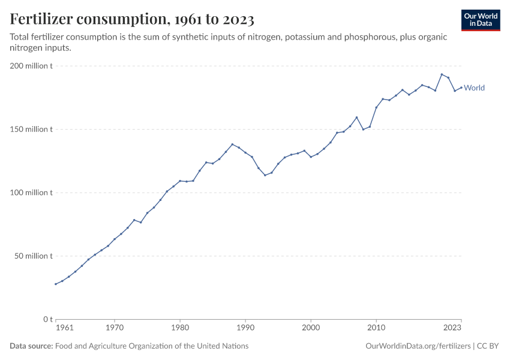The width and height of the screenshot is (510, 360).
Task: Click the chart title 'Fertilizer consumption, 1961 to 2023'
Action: (132, 20)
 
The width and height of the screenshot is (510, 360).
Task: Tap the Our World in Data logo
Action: (480, 20)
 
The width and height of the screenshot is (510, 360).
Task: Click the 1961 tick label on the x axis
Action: (64, 328)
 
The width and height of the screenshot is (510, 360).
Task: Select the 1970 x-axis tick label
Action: (115, 328)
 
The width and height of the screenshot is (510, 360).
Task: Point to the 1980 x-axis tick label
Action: (180, 328)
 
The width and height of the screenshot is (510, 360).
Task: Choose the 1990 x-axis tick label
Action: (245, 328)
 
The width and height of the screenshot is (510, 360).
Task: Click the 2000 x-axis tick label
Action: (311, 328)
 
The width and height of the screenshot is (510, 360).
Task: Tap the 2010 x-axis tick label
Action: (376, 328)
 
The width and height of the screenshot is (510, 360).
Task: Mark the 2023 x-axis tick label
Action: (452, 328)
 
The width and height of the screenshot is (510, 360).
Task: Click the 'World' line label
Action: (474, 88)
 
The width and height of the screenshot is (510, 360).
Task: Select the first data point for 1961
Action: (56, 284)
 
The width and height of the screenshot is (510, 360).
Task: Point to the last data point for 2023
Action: (461, 88)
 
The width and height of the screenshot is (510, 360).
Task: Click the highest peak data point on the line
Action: (442, 74)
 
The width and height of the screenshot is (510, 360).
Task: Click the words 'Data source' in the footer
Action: (31, 346)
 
